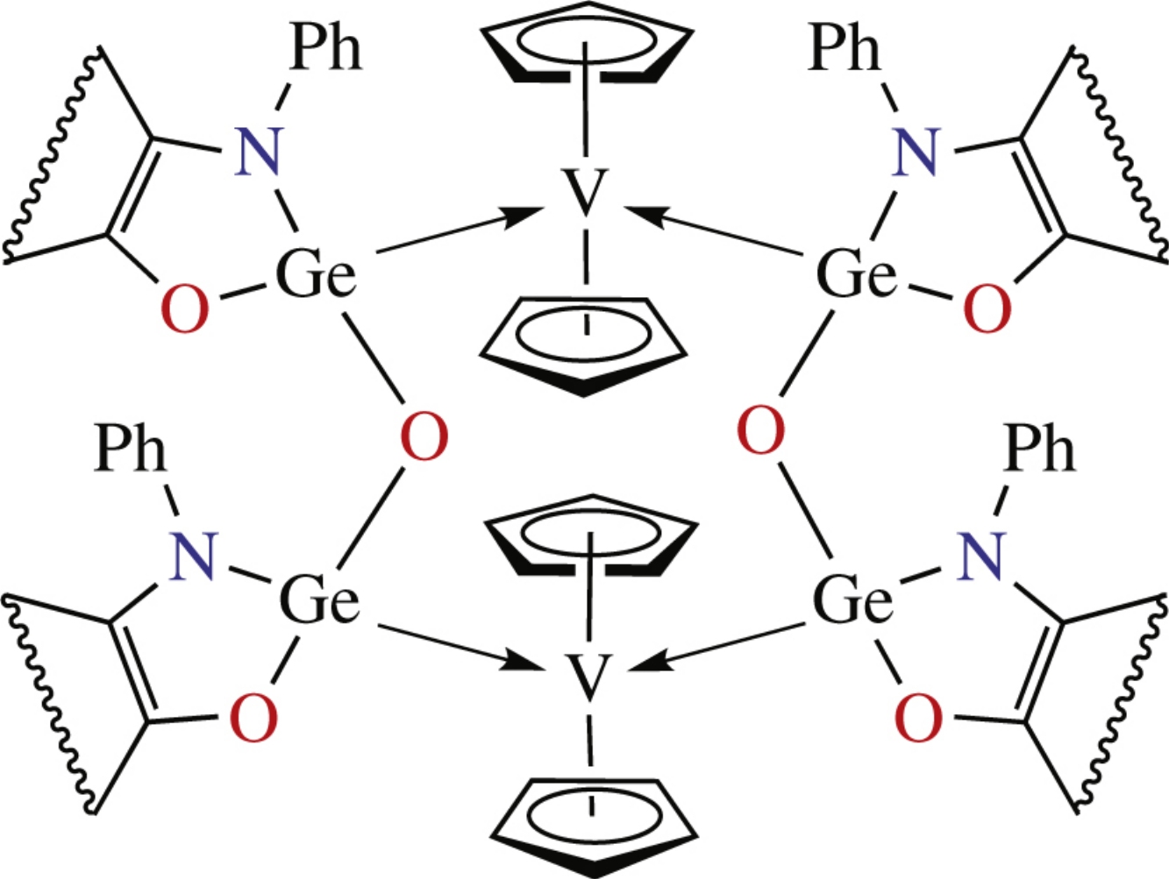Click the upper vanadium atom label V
(x=586, y=194)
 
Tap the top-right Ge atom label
(x=856, y=275)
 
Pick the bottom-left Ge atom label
(x=319, y=601)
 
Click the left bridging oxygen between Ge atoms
(x=424, y=438)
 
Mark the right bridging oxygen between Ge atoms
(x=760, y=431)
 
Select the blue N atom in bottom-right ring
(x=980, y=557)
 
